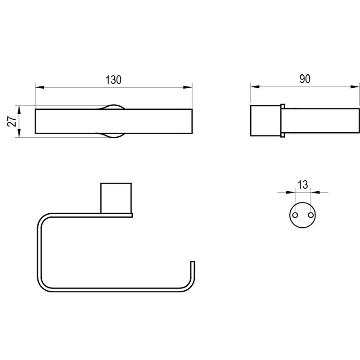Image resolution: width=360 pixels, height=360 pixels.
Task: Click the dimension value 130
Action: (113, 80)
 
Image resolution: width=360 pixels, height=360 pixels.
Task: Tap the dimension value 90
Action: (305, 79)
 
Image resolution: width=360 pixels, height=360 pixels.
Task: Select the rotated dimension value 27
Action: (12, 121)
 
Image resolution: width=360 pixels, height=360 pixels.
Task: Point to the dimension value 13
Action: (303, 185)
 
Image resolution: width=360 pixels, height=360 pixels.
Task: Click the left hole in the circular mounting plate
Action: (295, 215)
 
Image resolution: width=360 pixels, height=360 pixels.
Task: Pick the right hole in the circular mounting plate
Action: (311, 215)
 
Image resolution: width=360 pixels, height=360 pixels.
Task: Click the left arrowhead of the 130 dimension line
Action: (39, 87)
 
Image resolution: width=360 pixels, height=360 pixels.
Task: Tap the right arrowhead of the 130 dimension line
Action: (188, 87)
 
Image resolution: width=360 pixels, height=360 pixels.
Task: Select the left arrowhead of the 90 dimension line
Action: (255, 87)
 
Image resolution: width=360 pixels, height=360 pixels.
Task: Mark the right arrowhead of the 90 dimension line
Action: (355, 87)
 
